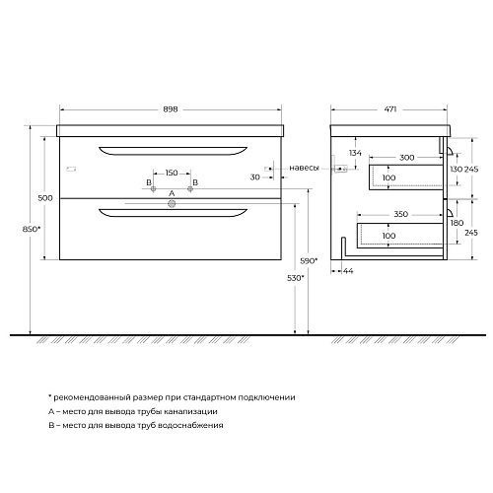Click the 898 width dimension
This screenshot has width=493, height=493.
click(171, 109)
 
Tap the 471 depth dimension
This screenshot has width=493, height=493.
click(390, 109)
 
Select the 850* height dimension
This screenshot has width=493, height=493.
click(32, 229)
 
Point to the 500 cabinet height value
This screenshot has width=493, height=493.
click(45, 198)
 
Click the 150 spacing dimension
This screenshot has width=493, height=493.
click(172, 173)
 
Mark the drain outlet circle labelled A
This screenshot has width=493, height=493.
click(172, 204)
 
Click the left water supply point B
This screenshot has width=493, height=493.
click(153, 189)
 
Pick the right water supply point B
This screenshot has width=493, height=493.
click(190, 189)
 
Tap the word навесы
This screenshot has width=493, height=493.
click(304, 168)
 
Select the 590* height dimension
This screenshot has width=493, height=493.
click(309, 261)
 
